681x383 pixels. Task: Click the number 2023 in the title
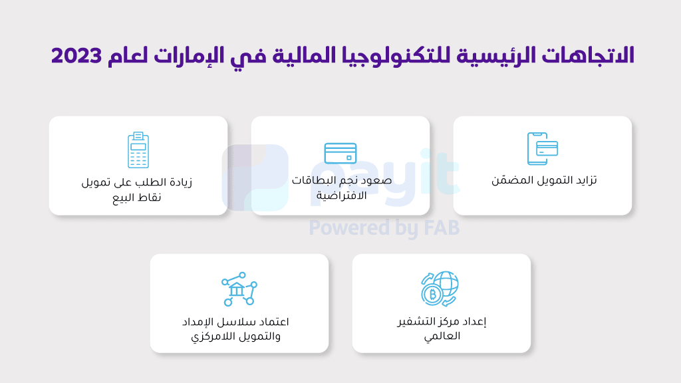click(76, 56)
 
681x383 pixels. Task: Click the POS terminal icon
click(138, 150)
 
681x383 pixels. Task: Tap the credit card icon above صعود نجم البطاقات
click(340, 154)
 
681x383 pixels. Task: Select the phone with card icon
click(543, 148)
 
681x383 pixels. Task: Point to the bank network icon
click(239, 289)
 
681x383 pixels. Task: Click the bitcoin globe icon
click(440, 289)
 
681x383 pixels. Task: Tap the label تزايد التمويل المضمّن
click(544, 180)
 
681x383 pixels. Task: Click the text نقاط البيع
click(137, 197)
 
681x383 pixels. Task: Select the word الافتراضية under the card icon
click(341, 195)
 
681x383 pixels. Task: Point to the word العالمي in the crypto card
click(442, 336)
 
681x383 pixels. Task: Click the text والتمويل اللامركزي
click(236, 336)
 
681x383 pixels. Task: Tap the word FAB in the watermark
click(442, 228)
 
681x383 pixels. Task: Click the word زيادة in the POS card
click(180, 182)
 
